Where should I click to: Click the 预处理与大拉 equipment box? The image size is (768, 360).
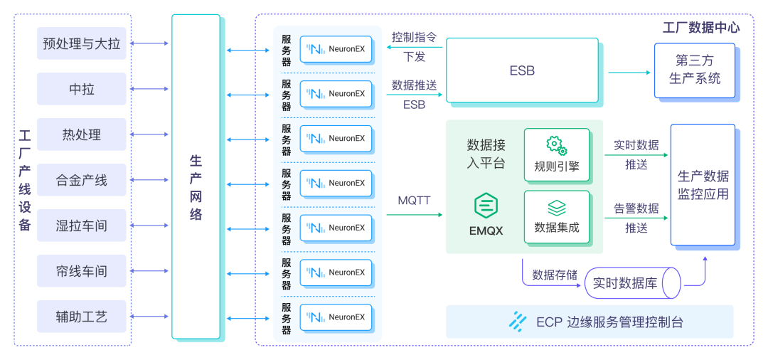pyautogui.click(x=81, y=43)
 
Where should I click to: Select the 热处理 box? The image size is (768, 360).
pyautogui.click(x=81, y=134)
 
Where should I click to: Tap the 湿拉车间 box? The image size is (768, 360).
pyautogui.click(x=81, y=226)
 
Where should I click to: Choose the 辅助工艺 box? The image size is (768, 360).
pyautogui.click(x=81, y=317)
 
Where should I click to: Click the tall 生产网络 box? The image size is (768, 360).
pyautogui.click(x=196, y=177)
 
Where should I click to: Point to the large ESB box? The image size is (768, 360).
pyautogui.click(x=522, y=70)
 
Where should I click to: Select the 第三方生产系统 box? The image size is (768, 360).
pyautogui.click(x=695, y=70)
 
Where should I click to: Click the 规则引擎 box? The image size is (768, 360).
pyautogui.click(x=557, y=154)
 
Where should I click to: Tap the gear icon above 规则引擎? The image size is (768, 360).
pyautogui.click(x=557, y=145)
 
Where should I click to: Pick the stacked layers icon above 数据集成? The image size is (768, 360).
pyautogui.click(x=557, y=208)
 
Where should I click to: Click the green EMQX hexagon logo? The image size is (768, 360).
pyautogui.click(x=486, y=206)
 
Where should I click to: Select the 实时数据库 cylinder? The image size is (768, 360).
pyautogui.click(x=633, y=282)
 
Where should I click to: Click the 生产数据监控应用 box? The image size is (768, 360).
pyautogui.click(x=703, y=185)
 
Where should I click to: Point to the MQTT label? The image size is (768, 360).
pyautogui.click(x=415, y=201)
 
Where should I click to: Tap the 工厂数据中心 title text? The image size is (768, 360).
pyautogui.click(x=701, y=28)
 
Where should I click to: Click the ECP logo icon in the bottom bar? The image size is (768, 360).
pyautogui.click(x=517, y=322)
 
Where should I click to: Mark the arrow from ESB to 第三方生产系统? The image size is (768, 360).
pyautogui.click(x=629, y=73)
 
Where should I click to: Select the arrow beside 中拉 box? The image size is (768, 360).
pyautogui.click(x=149, y=89)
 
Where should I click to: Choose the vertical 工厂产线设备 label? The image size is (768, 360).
pyautogui.click(x=25, y=180)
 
